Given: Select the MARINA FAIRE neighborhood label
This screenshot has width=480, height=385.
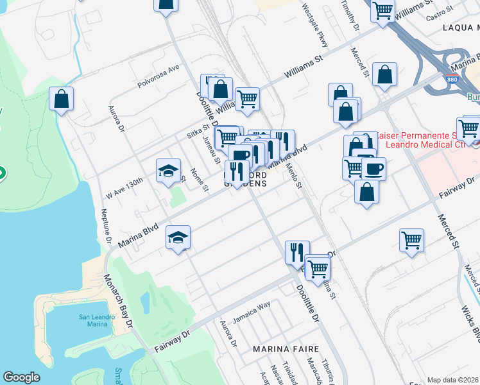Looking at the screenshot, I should [286, 348].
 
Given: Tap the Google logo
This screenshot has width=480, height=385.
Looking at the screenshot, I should [21, 377].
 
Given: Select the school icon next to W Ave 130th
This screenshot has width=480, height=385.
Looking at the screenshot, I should [167, 171].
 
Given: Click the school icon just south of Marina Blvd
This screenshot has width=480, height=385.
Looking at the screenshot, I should [178, 238].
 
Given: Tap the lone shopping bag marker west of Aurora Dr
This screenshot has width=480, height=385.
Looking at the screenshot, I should [61, 99].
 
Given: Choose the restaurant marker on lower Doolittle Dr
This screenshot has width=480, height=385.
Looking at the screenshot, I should [297, 252].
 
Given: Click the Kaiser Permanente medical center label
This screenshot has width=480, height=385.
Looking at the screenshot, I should [427, 141].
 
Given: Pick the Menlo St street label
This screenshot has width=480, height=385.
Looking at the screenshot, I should [293, 175].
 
